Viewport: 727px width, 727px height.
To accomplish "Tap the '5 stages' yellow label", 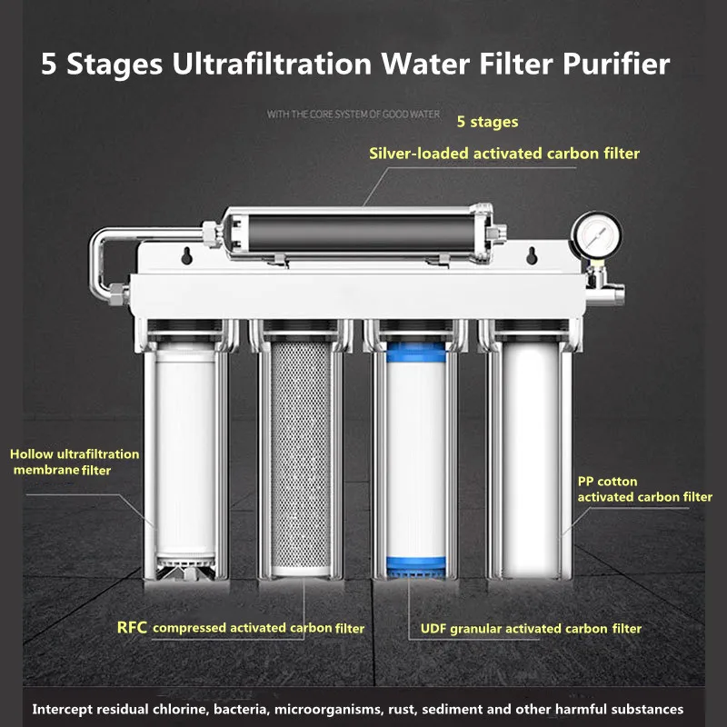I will coord(487,121).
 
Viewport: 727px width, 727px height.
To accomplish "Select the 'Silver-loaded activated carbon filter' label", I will coord(504,154).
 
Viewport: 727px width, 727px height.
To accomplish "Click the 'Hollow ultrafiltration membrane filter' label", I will coord(75,461).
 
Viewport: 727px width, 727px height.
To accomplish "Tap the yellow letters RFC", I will coord(133,627).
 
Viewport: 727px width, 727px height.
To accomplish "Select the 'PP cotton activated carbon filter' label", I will coord(644,489).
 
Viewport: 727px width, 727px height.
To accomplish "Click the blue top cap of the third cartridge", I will coord(413,350).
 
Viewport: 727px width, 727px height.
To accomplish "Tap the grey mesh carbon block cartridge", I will coord(301,454).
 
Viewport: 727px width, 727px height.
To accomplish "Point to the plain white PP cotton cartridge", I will coord(529,454).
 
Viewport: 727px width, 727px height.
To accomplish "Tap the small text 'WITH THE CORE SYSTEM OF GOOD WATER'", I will coord(354,115).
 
